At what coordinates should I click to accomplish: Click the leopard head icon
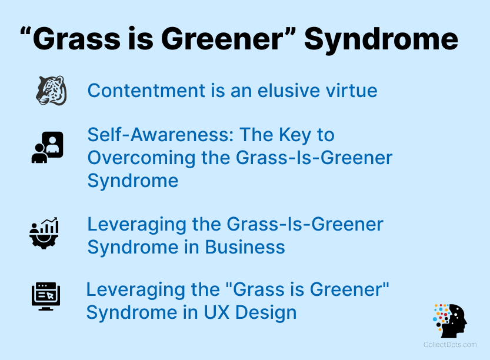51,91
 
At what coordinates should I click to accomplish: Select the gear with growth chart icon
44,232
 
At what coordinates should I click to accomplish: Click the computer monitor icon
46,296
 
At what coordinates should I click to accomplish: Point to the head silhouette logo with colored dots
450,321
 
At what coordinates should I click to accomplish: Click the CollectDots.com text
450,345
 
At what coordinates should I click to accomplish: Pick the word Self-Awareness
159,135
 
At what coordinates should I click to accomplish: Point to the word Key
292,135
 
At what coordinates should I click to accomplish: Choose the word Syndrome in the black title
381,39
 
